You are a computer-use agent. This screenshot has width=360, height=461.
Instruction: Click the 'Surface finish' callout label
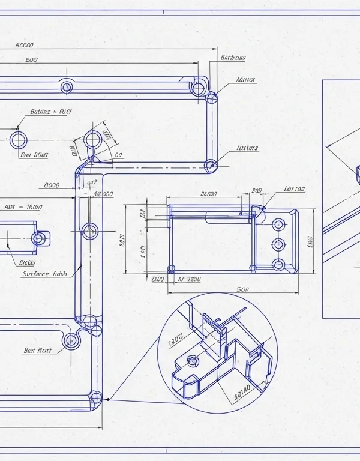(44, 274)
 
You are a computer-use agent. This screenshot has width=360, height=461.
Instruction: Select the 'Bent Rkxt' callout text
(37, 351)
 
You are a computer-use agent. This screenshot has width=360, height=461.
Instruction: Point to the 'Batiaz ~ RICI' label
(50, 112)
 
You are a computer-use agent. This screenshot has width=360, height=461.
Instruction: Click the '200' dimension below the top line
(32, 60)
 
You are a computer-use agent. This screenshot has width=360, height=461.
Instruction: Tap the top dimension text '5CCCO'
(25, 45)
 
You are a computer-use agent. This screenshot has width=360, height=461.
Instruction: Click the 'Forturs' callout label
(247, 148)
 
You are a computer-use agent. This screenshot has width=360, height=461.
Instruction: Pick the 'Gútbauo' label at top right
(233, 58)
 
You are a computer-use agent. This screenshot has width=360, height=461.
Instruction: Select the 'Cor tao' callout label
(294, 189)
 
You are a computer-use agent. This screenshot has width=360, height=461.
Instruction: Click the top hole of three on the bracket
(278, 224)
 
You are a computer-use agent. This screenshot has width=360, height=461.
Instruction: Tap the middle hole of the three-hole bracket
(278, 244)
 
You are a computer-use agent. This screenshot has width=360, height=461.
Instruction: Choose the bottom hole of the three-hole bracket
(278, 264)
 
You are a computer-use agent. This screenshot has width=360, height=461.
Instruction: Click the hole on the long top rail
(67, 87)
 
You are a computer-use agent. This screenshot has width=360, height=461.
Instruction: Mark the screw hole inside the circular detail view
(192, 361)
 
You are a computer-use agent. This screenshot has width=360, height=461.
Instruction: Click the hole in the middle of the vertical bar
(90, 230)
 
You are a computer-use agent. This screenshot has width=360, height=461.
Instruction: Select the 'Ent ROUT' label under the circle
(34, 155)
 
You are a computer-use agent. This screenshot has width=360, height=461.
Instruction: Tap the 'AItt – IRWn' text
(23, 207)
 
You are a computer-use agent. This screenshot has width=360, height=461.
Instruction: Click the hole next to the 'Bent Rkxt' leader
(71, 340)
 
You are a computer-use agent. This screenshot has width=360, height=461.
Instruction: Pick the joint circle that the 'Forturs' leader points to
(210, 165)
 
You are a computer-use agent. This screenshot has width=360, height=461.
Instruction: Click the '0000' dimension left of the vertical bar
(52, 185)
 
